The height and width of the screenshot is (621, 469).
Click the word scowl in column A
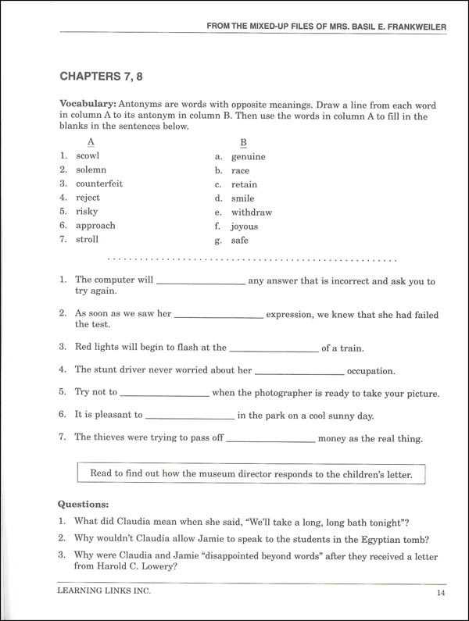(x=88, y=155)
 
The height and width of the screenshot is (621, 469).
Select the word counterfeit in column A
(x=99, y=184)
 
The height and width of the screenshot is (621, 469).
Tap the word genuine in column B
(x=248, y=156)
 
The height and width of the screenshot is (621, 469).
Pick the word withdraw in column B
(x=251, y=212)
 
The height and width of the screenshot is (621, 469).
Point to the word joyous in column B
(x=244, y=227)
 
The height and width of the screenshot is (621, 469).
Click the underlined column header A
(x=91, y=141)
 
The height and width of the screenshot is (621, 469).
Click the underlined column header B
(x=243, y=142)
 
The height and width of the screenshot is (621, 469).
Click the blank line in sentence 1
(x=202, y=281)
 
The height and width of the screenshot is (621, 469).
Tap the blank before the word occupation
(x=299, y=372)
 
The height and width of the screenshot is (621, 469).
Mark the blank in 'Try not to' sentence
(x=165, y=393)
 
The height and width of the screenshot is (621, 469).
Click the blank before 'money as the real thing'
(x=271, y=439)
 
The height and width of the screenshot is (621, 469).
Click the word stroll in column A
(x=87, y=240)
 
